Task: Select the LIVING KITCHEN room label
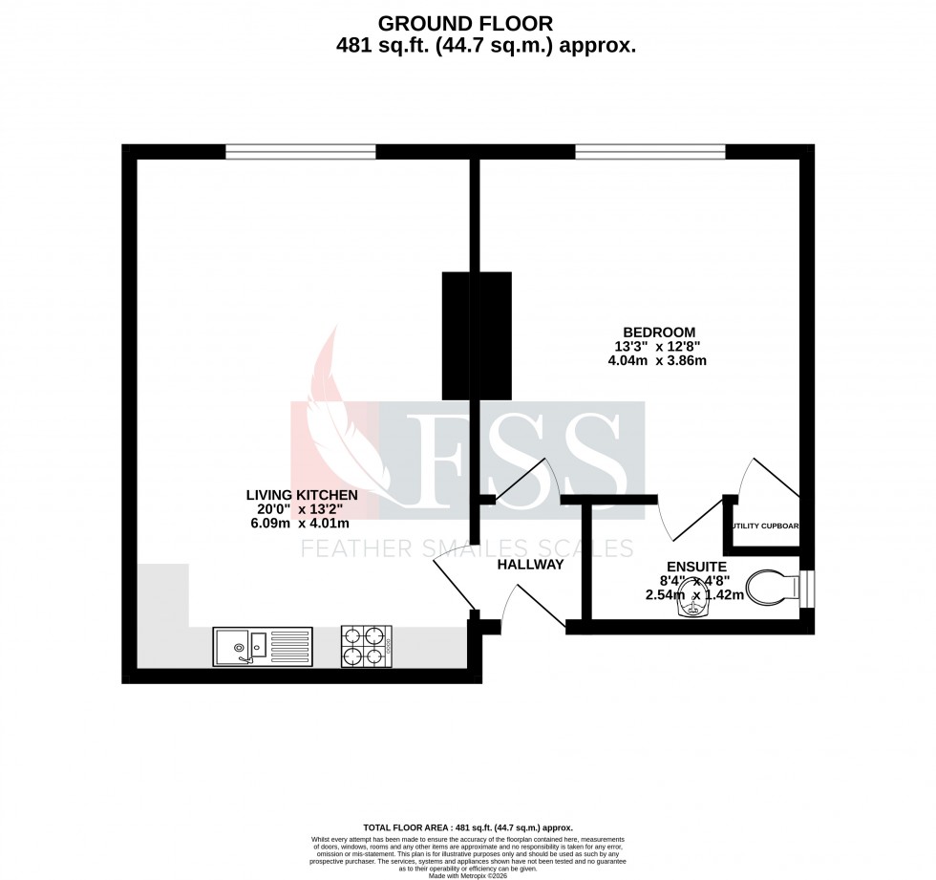(302, 495)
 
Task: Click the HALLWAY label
(530, 565)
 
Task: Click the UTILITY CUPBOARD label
(765, 526)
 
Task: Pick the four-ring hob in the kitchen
(367, 645)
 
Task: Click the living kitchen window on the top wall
(301, 151)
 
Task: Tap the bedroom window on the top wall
(650, 151)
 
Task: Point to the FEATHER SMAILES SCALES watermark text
(467, 548)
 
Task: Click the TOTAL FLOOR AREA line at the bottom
(468, 827)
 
